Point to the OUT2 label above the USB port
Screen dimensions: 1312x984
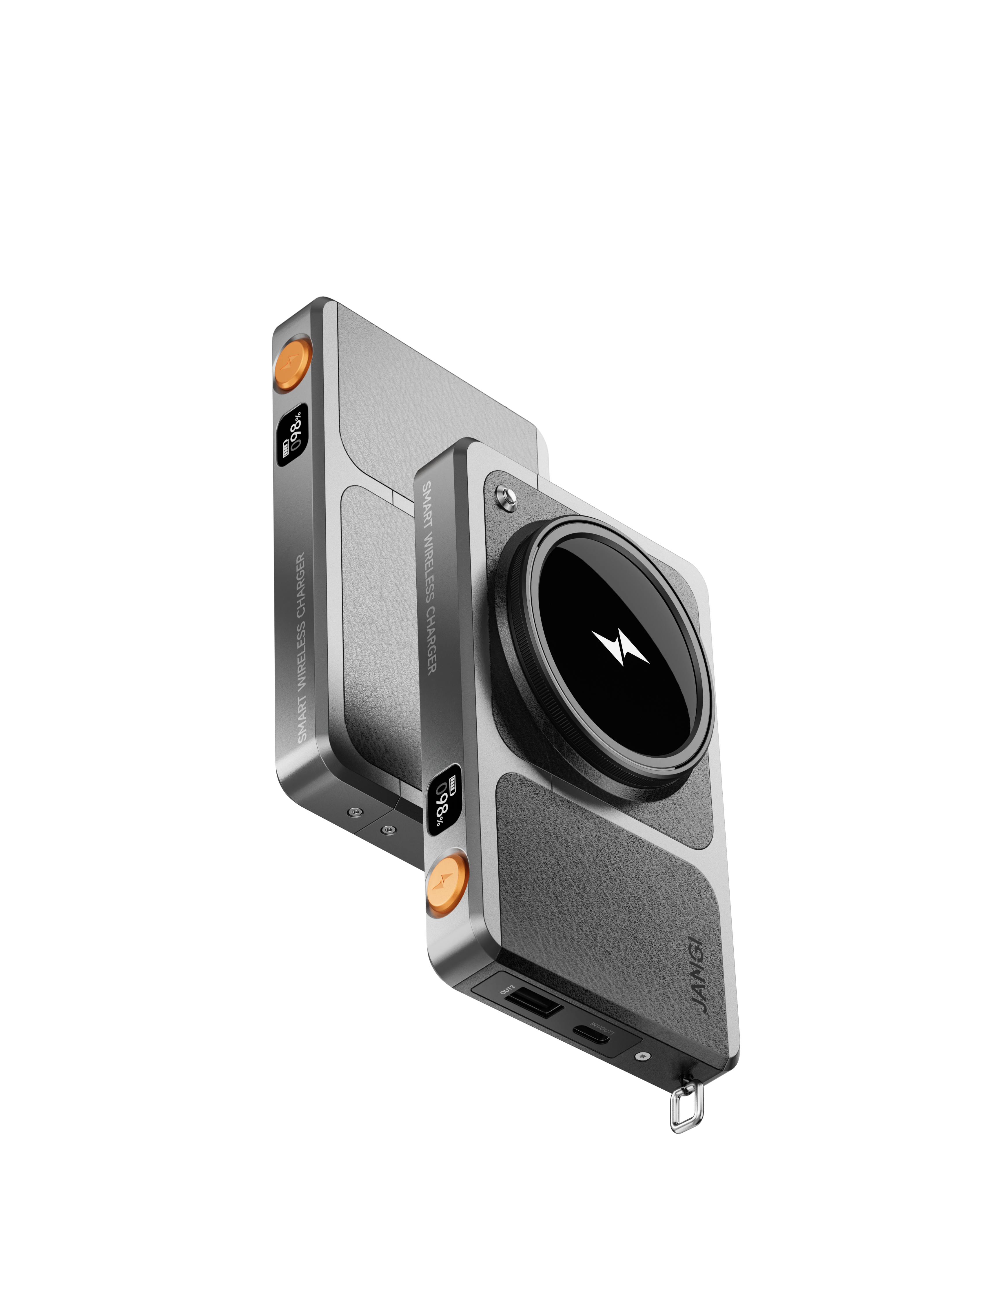pos(508,989)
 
